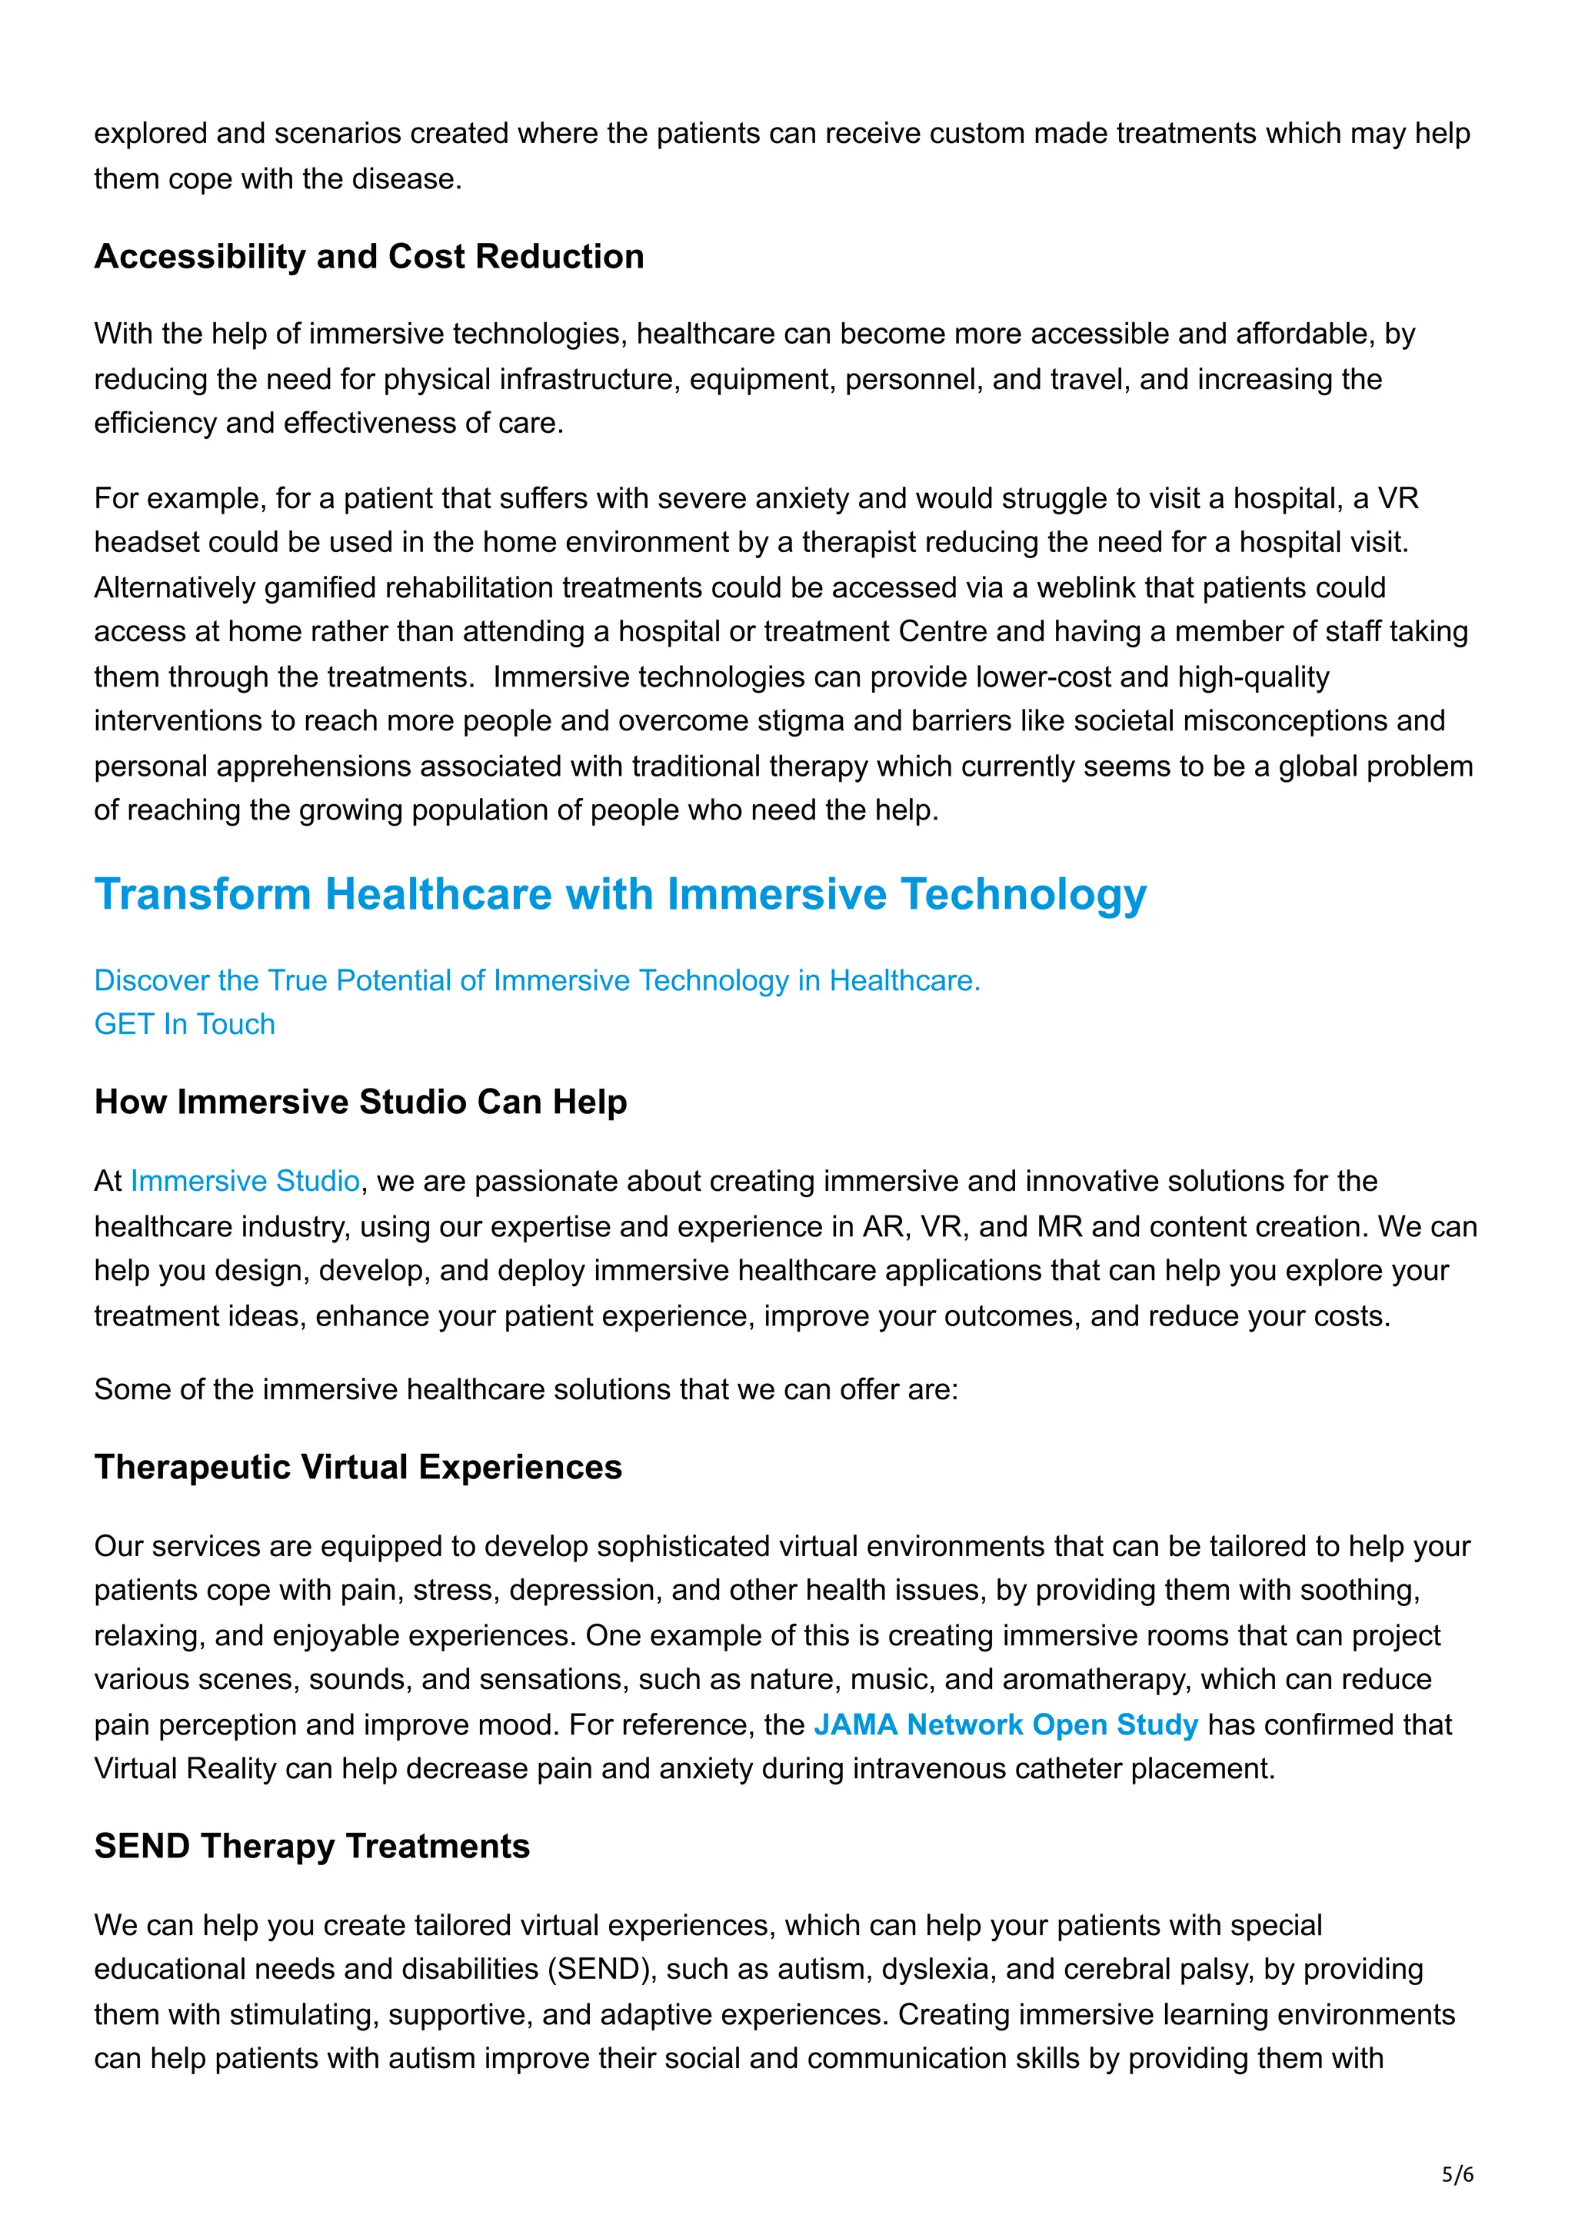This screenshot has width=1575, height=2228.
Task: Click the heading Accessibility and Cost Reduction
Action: point(369,256)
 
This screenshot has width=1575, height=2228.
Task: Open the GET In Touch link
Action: point(185,1024)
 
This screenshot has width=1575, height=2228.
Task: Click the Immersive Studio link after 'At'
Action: point(245,1181)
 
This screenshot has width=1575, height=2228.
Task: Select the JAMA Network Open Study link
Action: point(1005,1724)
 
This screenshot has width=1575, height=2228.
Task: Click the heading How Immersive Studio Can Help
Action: point(360,1102)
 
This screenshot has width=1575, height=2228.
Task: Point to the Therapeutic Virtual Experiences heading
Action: point(358,1467)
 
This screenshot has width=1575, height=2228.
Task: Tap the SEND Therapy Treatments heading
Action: point(311,1846)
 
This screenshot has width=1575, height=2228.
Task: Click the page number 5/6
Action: point(1457,2175)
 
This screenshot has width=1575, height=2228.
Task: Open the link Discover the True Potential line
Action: point(537,980)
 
